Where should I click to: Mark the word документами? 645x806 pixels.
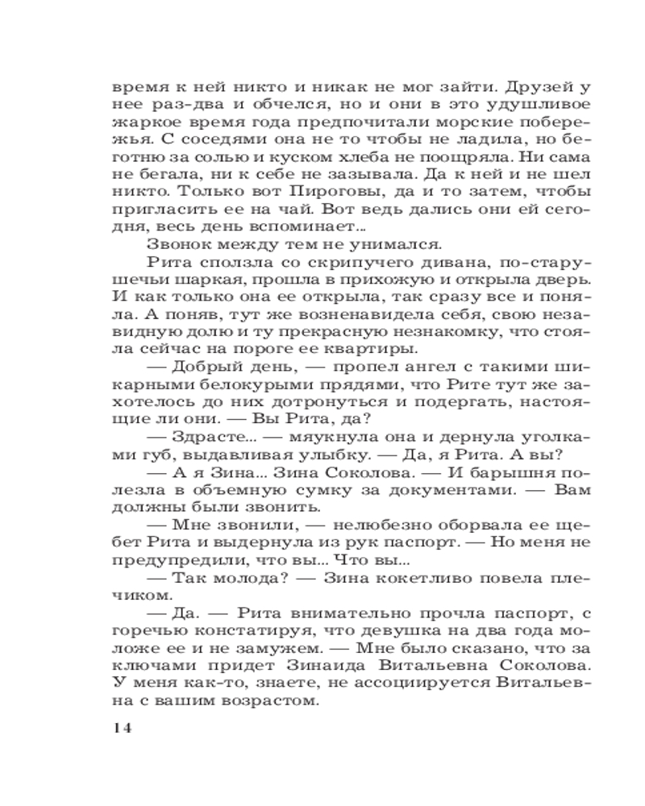[436, 516]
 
